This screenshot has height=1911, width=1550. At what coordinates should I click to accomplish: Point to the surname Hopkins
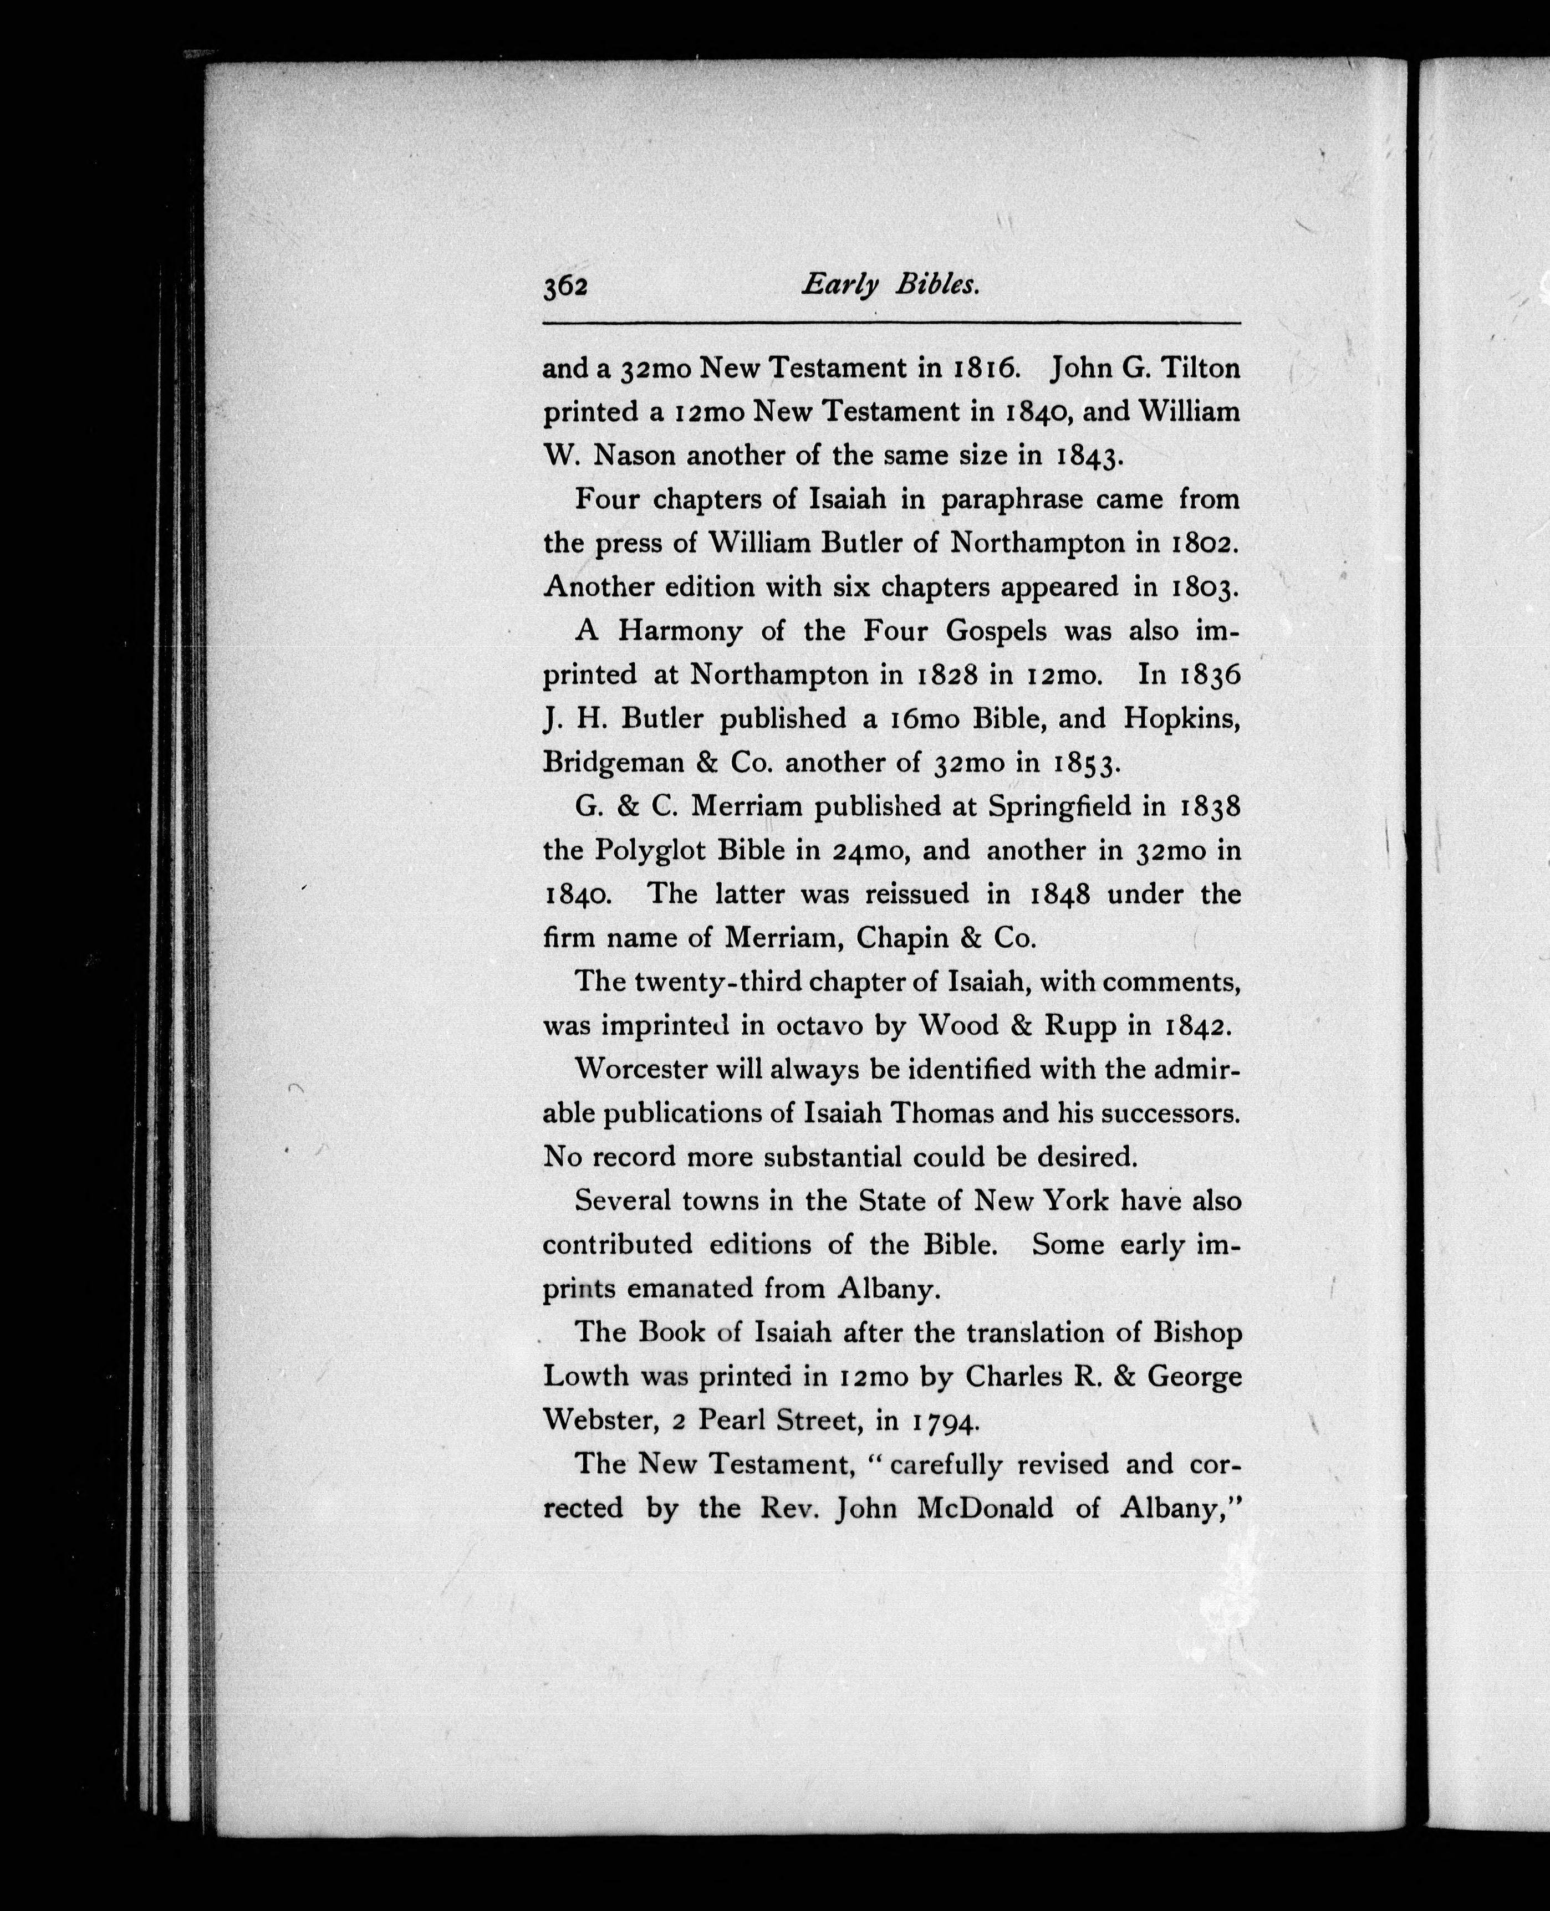pos(1181,719)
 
